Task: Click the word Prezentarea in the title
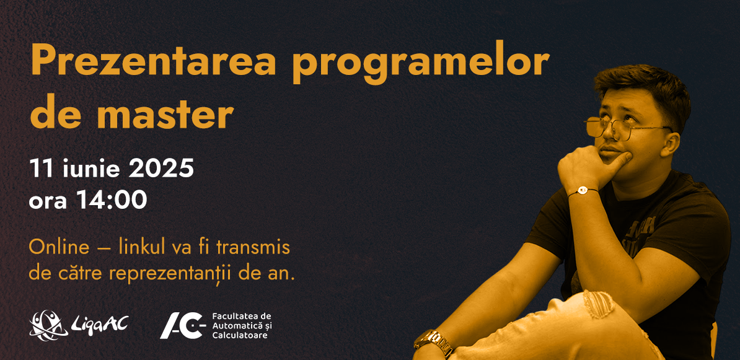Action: [153, 63]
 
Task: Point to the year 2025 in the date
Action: [161, 169]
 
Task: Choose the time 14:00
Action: [112, 200]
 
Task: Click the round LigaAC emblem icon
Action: [48, 325]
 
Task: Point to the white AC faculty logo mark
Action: [183, 325]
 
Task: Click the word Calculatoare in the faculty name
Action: [240, 335]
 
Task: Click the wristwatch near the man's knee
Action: [433, 341]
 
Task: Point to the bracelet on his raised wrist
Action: [583, 191]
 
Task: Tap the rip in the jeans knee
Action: [598, 304]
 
